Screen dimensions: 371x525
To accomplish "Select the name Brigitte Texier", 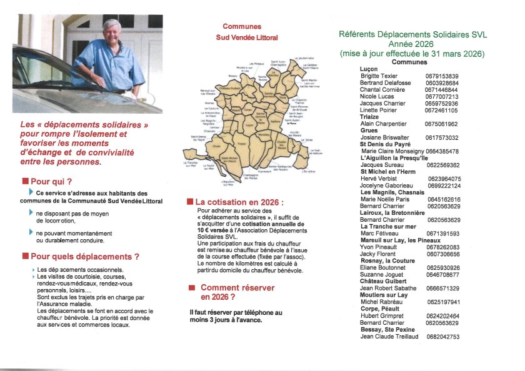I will [383, 76].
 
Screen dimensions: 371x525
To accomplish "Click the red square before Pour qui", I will [25, 182].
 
